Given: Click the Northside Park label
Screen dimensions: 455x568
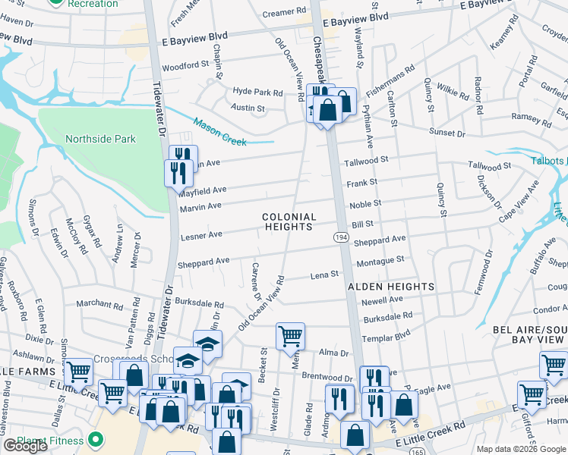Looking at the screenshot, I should click(x=100, y=139).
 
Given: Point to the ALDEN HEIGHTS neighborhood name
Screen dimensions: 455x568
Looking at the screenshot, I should click(x=391, y=287).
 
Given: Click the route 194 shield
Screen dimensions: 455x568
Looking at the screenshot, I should click(x=342, y=238).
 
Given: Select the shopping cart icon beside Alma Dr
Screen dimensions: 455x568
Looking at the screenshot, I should click(x=290, y=336).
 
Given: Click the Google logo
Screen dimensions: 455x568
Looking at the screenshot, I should click(x=25, y=446).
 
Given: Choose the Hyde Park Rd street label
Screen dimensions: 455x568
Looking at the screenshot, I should click(x=258, y=93).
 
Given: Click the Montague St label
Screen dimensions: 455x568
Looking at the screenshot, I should click(x=380, y=260).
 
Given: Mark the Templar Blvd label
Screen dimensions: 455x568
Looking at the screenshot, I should click(x=386, y=333).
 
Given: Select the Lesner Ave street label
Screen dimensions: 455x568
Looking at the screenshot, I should click(x=200, y=237).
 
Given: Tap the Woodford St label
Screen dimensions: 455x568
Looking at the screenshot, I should click(x=185, y=66).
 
